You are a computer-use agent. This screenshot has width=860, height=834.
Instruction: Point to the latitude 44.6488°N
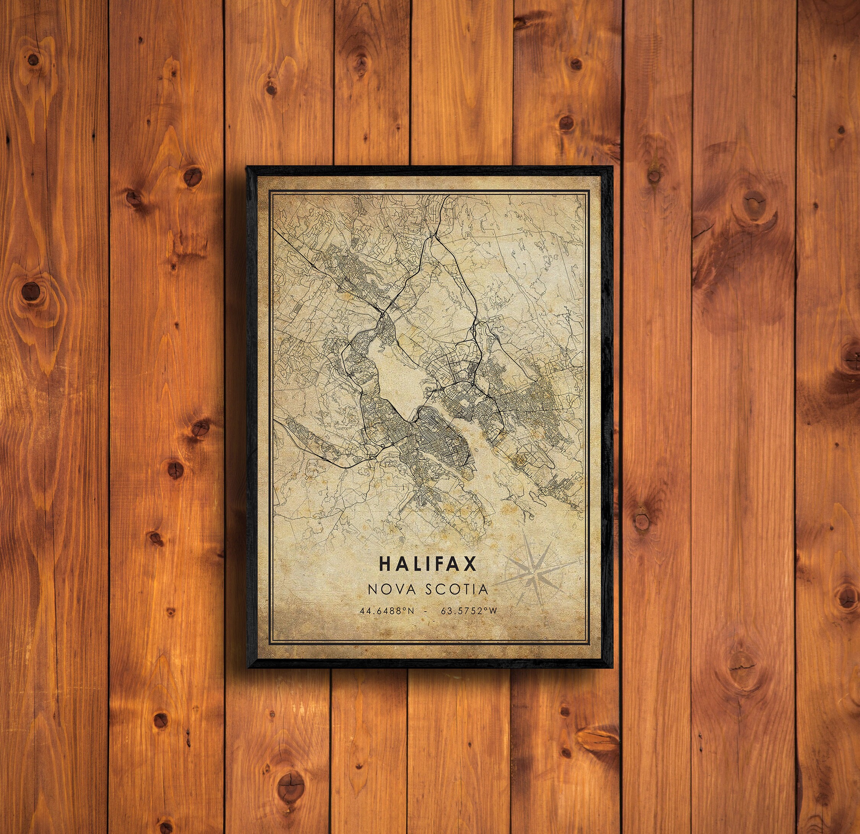click(386, 611)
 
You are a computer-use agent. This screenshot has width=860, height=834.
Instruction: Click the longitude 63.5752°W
click(469, 611)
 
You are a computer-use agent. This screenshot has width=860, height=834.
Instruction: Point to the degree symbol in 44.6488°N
click(403, 609)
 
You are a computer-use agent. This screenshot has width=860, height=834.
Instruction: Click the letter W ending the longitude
click(493, 611)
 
